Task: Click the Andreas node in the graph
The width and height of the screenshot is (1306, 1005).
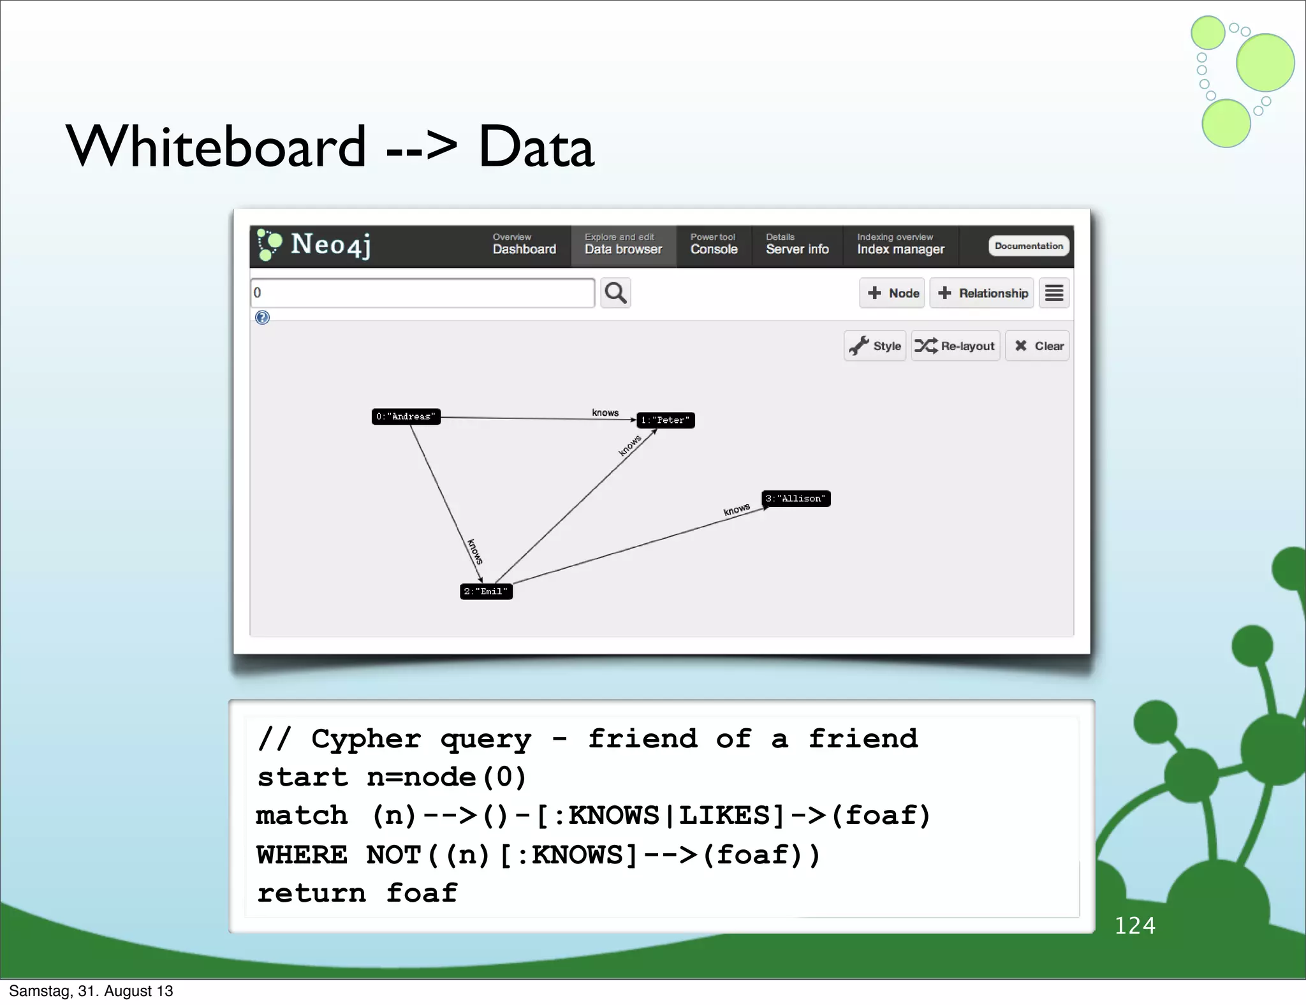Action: (x=406, y=416)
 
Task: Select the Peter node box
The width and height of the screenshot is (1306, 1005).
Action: (x=665, y=420)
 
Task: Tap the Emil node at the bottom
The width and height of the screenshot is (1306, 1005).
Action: (x=486, y=591)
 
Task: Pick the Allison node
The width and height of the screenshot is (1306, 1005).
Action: (x=795, y=498)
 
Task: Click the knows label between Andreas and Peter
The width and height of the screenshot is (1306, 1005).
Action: (x=605, y=413)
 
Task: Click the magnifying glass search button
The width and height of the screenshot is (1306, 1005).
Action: (x=615, y=293)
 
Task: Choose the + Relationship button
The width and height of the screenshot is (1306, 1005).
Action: (x=982, y=293)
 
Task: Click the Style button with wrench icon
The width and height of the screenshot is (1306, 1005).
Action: (x=875, y=346)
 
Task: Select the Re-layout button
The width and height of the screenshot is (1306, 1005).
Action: (x=955, y=346)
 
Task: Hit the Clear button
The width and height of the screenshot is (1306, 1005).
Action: (x=1038, y=346)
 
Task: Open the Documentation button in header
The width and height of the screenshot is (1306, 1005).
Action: (x=1028, y=246)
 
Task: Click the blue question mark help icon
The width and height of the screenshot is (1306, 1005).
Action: (x=262, y=318)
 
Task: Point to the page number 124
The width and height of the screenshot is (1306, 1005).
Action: (x=1134, y=925)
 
